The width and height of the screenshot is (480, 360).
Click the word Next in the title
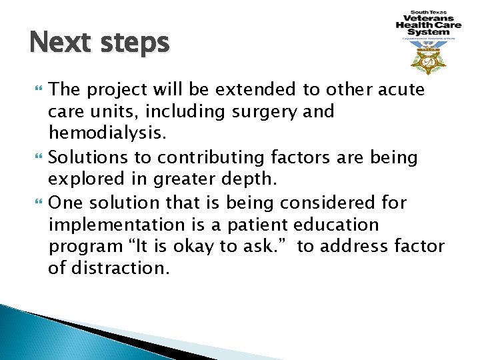coord(59,43)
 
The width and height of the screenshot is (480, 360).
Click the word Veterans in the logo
coord(425,19)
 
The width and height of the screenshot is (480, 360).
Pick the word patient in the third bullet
coord(256,225)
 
